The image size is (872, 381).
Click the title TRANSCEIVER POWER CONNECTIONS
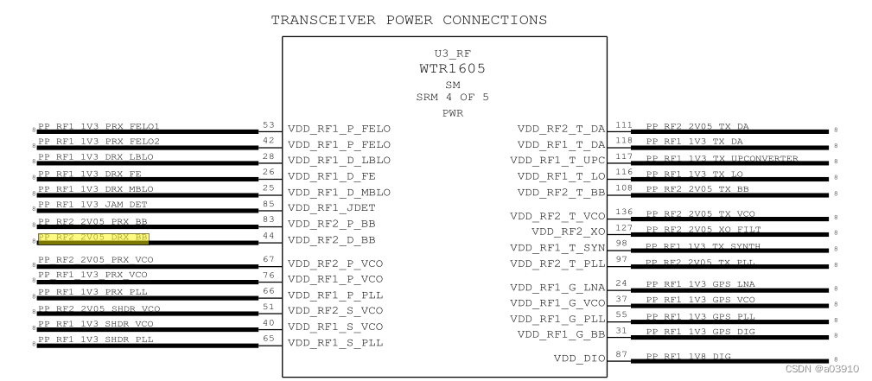coord(409,19)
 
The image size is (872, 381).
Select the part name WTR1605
coord(447,67)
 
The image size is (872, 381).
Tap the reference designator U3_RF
coord(447,54)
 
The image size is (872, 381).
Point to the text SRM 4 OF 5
coord(447,97)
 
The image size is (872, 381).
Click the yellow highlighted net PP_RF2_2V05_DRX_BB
coord(93,237)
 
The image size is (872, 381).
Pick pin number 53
coord(269,126)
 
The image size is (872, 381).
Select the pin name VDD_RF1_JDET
coord(333,207)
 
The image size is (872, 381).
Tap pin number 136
coord(621,212)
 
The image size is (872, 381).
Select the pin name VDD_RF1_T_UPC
coord(558,160)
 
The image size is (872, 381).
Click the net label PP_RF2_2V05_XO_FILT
coord(703,229)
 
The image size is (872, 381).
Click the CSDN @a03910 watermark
coord(822,369)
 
